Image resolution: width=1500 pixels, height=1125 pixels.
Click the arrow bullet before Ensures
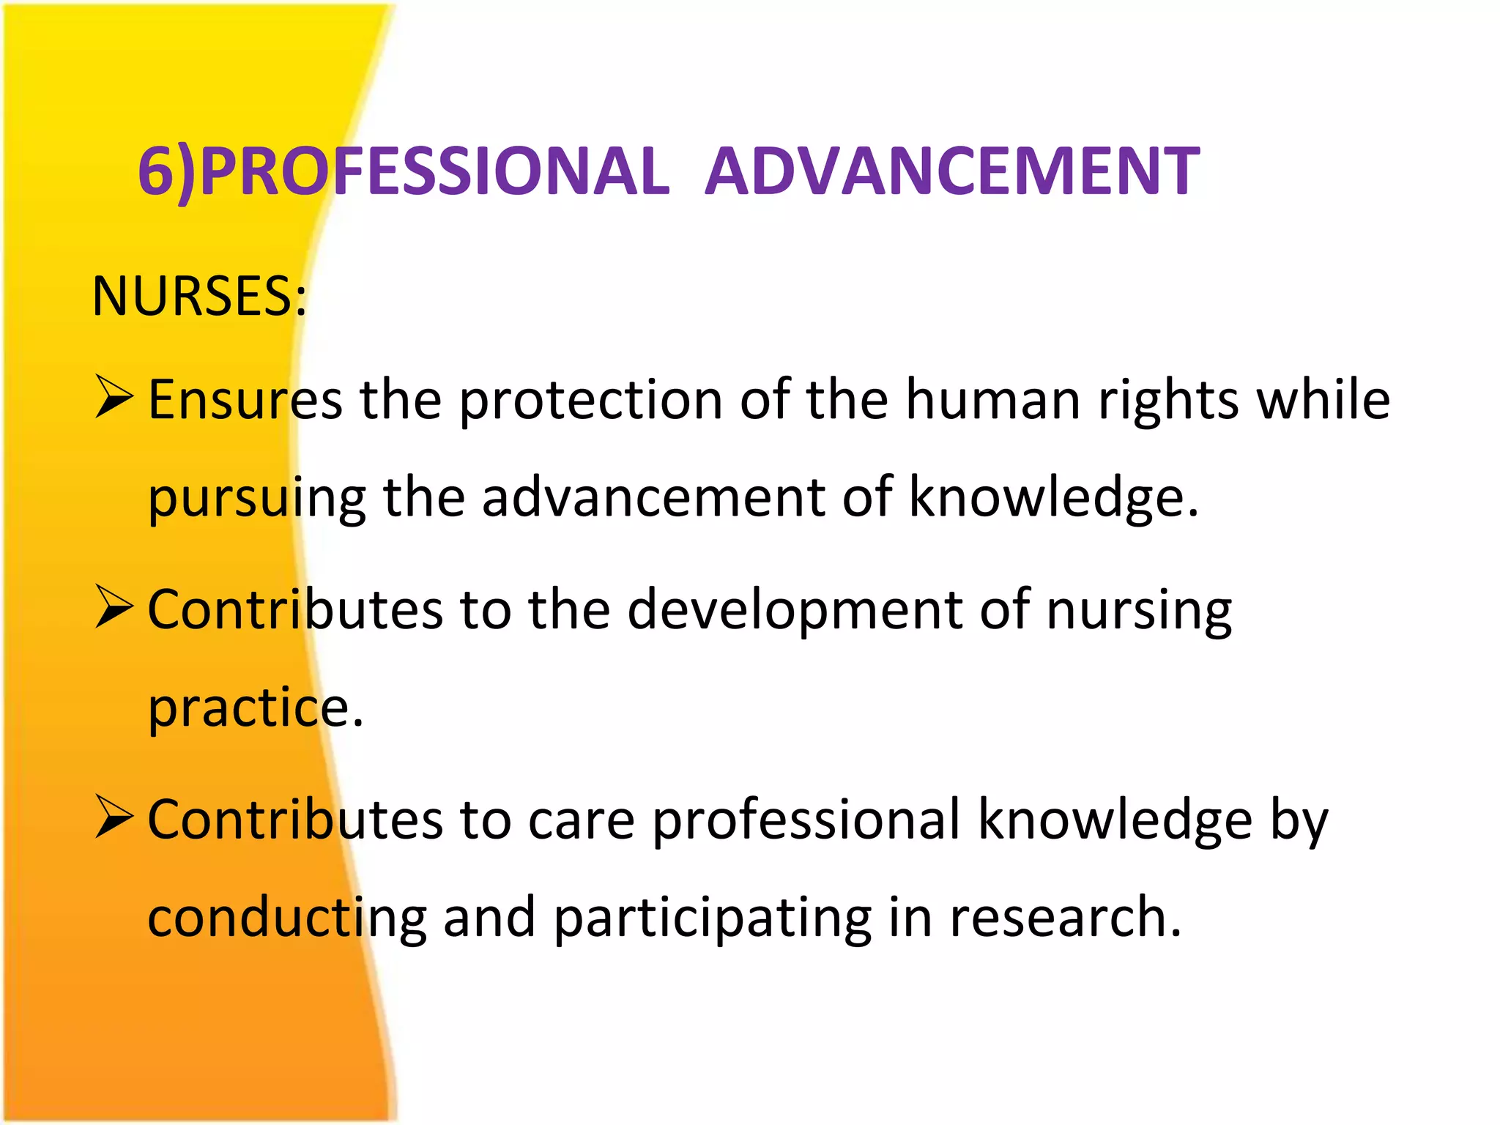[x=114, y=398]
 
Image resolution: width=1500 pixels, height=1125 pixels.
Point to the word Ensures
[x=245, y=400]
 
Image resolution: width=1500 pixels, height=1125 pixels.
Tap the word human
[x=992, y=400]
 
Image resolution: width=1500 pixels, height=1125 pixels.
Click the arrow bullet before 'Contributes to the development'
[x=114, y=607]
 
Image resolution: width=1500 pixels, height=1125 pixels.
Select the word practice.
[x=255, y=709]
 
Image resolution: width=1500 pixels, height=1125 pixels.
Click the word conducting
[x=287, y=919]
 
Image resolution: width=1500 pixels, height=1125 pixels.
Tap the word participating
[x=712, y=919]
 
